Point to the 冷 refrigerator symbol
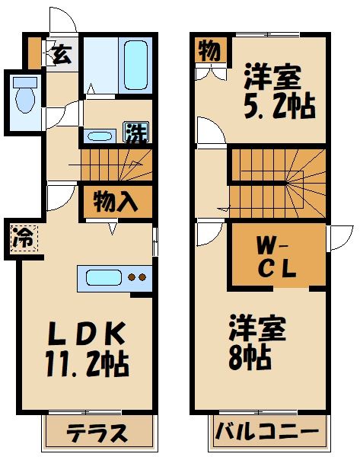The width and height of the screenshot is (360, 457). [22, 237]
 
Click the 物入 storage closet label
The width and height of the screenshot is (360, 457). [116, 203]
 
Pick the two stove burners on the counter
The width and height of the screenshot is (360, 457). [137, 278]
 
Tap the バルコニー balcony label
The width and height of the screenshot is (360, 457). [266, 433]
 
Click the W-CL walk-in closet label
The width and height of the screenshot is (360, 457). [276, 259]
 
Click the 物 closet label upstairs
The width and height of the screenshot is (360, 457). [207, 51]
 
